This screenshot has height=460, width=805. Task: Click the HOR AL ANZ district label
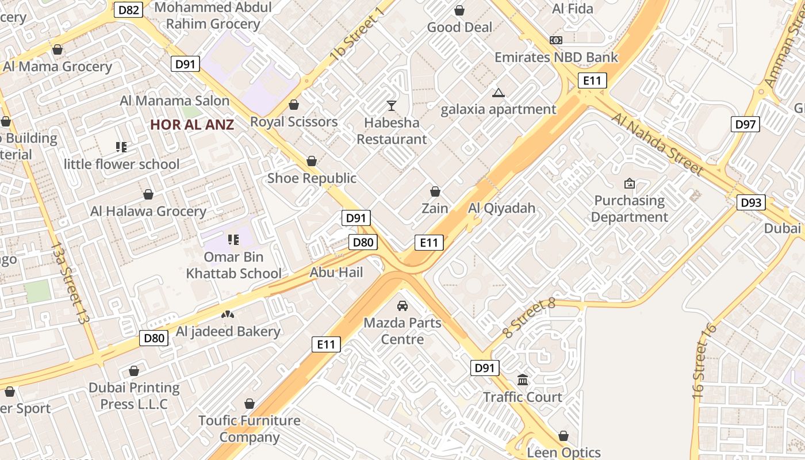pyautogui.click(x=192, y=124)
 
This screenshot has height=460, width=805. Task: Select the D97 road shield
pyautogui.click(x=745, y=124)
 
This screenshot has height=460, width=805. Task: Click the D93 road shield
pyautogui.click(x=751, y=202)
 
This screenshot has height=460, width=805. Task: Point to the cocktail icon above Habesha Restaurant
pyautogui.click(x=392, y=105)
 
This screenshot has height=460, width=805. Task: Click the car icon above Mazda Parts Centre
pyautogui.click(x=402, y=305)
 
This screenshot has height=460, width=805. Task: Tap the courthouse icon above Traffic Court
pyautogui.click(x=523, y=379)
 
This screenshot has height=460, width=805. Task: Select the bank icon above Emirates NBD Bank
pyautogui.click(x=555, y=40)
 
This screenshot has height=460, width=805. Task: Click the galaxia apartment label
pyautogui.click(x=499, y=109)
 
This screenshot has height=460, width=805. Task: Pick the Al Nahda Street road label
pyautogui.click(x=657, y=144)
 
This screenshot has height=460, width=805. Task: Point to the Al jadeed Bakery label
pyautogui.click(x=228, y=331)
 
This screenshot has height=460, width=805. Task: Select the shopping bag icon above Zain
pyautogui.click(x=435, y=191)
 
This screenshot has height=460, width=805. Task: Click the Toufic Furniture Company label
pyautogui.click(x=250, y=428)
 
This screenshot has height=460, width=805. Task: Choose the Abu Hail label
pyautogui.click(x=336, y=272)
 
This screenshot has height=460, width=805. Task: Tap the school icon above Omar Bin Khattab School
pyautogui.click(x=233, y=239)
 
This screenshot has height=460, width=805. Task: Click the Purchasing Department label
pyautogui.click(x=629, y=209)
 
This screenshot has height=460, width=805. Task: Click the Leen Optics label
pyautogui.click(x=563, y=453)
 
